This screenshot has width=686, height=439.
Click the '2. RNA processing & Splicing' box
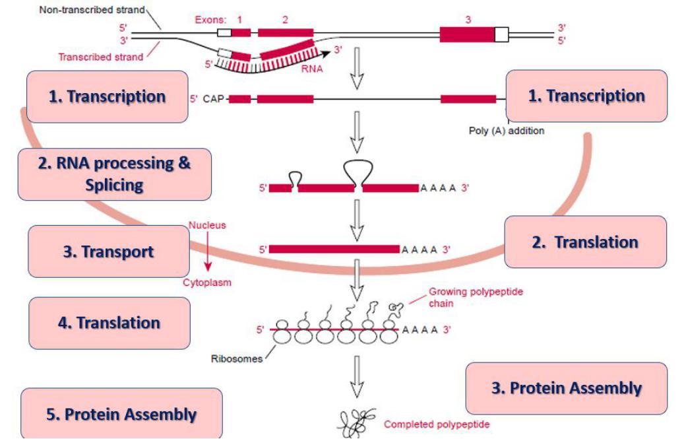pyautogui.click(x=114, y=174)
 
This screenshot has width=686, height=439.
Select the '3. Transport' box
pyautogui.click(x=108, y=252)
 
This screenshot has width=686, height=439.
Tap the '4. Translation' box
pyautogui.click(x=109, y=323)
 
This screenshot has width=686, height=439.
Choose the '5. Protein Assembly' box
pyautogui.click(x=121, y=414)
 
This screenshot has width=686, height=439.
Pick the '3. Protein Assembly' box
pyautogui.click(x=566, y=388)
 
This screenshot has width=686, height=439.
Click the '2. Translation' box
pyautogui.click(x=585, y=242)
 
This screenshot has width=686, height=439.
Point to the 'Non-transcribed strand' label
pyautogui.click(x=92, y=10)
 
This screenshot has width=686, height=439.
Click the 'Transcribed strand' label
pyautogui.click(x=100, y=57)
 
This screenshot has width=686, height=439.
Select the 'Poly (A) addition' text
pyautogui.click(x=506, y=131)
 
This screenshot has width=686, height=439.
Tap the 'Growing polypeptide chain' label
pyautogui.click(x=476, y=297)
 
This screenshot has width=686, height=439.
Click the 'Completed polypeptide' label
pyautogui.click(x=437, y=424)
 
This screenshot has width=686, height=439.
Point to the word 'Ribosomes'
pyautogui.click(x=236, y=360)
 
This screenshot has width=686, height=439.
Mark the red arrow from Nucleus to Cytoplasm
pyautogui.click(x=208, y=253)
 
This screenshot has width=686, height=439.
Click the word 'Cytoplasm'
pyautogui.click(x=207, y=283)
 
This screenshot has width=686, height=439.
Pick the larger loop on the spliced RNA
pyautogui.click(x=358, y=172)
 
